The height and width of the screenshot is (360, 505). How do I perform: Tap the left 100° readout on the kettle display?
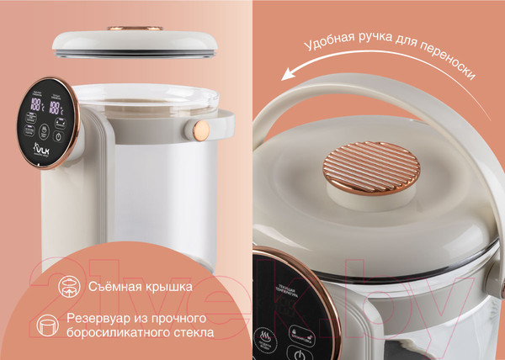click(x=37, y=106)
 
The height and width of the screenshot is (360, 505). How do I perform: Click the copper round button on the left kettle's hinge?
click(x=202, y=130)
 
